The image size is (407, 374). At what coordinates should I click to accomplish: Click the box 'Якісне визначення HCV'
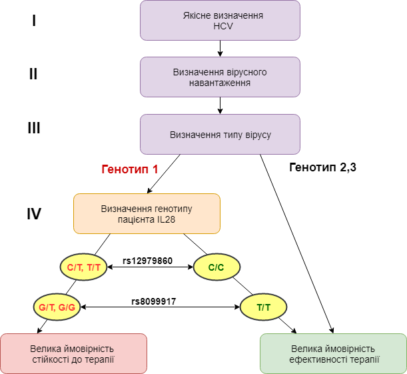pyautogui.click(x=220, y=20)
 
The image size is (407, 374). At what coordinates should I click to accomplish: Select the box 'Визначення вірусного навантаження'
pyautogui.click(x=220, y=77)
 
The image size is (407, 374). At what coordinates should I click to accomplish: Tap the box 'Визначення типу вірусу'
pyautogui.click(x=220, y=134)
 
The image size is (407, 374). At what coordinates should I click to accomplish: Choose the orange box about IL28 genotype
pyautogui.click(x=147, y=213)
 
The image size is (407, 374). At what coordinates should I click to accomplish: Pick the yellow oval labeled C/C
pyautogui.click(x=216, y=268)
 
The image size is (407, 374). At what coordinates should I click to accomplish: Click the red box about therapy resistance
pyautogui.click(x=73, y=354)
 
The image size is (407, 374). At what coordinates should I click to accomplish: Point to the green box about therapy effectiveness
pyautogui.click(x=333, y=354)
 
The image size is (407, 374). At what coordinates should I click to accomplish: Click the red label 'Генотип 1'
pyautogui.click(x=129, y=169)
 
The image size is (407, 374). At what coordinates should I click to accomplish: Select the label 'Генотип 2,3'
pyautogui.click(x=323, y=167)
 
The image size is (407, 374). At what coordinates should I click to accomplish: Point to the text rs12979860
pyautogui.click(x=148, y=261)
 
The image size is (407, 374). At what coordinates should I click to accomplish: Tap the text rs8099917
pyautogui.click(x=153, y=301)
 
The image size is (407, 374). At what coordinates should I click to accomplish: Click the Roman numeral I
pyautogui.click(x=33, y=21)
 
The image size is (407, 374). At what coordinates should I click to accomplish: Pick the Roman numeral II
pyautogui.click(x=33, y=74)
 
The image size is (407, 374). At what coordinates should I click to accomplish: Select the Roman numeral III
pyautogui.click(x=33, y=127)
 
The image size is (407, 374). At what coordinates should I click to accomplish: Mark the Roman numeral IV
pyautogui.click(x=33, y=214)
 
